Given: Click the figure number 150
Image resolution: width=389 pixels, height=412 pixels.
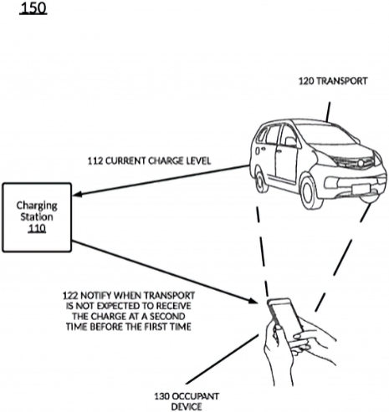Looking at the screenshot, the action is [33, 8].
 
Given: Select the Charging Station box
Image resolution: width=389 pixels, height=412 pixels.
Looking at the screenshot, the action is [37, 217].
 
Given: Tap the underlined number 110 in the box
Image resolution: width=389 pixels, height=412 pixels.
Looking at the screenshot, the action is [37, 228].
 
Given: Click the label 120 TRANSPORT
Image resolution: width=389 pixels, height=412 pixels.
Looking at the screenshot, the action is [333, 81].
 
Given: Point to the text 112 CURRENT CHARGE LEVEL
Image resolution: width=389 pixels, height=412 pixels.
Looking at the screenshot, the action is [149, 161].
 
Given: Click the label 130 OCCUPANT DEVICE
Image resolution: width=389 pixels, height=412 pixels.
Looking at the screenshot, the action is [187, 401].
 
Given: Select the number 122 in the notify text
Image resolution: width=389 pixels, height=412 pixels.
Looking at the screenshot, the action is [70, 295].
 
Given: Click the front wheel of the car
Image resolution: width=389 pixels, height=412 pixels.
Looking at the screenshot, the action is [311, 191].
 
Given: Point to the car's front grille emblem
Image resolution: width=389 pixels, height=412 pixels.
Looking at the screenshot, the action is [361, 164].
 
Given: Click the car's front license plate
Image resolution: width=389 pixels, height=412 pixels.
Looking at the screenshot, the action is [361, 189].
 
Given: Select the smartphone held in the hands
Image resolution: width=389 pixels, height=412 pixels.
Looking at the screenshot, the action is [285, 316].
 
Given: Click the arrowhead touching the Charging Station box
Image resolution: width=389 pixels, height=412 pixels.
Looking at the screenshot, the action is [78, 194].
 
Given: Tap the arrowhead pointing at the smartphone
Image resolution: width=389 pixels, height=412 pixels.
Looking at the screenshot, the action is [252, 301].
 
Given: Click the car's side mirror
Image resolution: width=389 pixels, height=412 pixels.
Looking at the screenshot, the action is [292, 142].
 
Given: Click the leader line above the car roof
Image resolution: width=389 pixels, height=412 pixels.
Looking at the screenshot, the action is [328, 112].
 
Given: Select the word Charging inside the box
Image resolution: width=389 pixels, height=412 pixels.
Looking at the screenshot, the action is [37, 206].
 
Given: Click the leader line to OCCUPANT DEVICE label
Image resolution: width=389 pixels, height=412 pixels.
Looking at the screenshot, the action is [223, 359].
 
